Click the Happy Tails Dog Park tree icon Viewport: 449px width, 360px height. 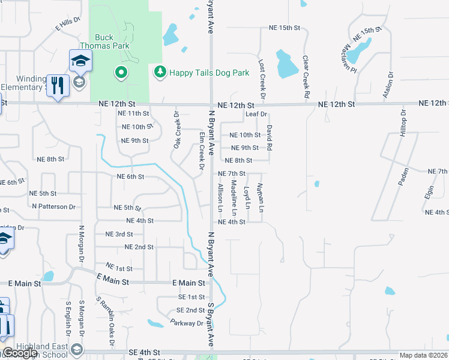[160, 73]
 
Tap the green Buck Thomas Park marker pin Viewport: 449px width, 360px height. [121, 73]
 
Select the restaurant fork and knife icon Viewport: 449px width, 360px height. [58, 85]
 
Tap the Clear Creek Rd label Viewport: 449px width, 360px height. [306, 77]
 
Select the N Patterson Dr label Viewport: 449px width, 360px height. [54, 206]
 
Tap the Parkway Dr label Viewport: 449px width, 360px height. [186, 323]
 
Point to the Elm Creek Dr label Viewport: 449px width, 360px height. [202, 151]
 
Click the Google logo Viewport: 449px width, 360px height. [20, 353]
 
